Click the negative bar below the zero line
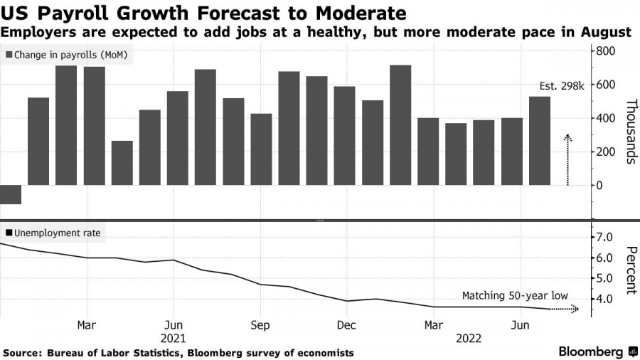pyautogui.click(x=10, y=194)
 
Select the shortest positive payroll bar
pyautogui.click(x=122, y=163)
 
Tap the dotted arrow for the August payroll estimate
pyautogui.click(x=567, y=159)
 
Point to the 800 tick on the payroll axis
pyautogui.click(x=605, y=51)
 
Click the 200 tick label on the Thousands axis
pyautogui.click(x=605, y=152)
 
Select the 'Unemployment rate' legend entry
pyautogui.click(x=53, y=233)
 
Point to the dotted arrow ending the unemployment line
pyautogui.click(x=565, y=309)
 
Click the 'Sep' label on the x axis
pyautogui.click(x=260, y=325)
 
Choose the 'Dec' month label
pyautogui.click(x=346, y=325)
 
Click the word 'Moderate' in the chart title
pyautogui.click(x=359, y=13)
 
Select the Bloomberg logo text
pyautogui.click(x=592, y=351)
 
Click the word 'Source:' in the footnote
pyautogui.click(x=23, y=353)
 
